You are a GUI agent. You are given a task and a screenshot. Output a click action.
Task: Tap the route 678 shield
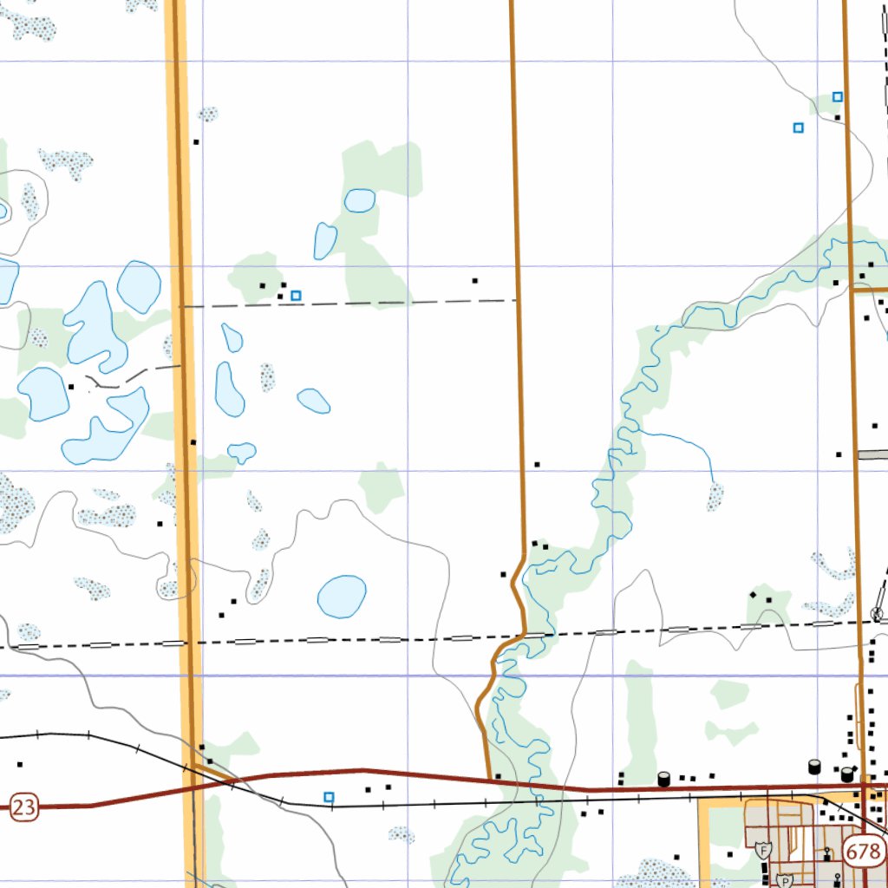click(865, 851)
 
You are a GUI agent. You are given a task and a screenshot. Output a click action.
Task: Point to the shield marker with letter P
click(786, 879)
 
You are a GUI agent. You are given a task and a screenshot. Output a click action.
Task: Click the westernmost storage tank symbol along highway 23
click(663, 779)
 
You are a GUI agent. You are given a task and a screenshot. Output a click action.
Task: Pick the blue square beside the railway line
click(329, 796)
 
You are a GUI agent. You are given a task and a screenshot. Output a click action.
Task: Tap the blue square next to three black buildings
click(296, 296)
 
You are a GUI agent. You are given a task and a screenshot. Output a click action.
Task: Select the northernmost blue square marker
click(838, 96)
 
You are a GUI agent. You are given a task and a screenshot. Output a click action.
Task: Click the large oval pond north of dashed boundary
click(342, 596)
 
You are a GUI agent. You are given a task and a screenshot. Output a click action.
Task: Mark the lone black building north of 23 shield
click(19, 765)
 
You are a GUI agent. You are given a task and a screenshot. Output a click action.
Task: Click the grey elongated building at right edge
click(872, 454)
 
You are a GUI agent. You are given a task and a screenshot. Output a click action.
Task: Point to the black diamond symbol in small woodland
click(754, 596)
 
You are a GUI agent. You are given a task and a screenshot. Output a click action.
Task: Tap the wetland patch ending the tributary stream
click(715, 496)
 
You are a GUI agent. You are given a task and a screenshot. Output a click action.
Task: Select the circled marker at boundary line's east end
click(877, 615)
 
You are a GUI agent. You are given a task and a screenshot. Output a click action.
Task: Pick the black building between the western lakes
click(71, 387)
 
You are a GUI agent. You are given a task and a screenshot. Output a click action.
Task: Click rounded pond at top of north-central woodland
click(360, 200)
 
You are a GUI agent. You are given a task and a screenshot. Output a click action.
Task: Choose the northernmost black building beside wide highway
click(197, 141)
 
